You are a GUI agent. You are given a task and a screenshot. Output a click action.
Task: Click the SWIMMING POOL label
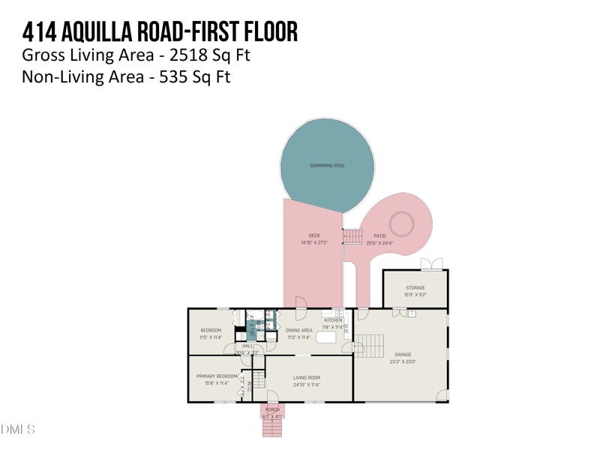point(328,165)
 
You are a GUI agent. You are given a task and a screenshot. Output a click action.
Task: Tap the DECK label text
point(314,235)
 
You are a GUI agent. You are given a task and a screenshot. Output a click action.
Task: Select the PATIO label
point(379,235)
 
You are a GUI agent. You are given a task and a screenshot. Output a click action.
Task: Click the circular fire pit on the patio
point(402,223)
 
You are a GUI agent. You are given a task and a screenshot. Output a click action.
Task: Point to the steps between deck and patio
point(352,236)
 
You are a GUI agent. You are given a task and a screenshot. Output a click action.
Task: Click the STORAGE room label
point(415,288)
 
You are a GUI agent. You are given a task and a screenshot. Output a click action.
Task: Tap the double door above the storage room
point(431,263)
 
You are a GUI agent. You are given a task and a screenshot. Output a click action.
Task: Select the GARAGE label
point(403,355)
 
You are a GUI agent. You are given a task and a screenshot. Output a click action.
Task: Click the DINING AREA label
point(298,330)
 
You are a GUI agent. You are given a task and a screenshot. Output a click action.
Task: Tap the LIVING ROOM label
point(307,378)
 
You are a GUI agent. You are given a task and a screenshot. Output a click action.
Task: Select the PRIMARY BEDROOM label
point(217,376)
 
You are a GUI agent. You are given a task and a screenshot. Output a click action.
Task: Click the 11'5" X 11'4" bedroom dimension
point(211,337)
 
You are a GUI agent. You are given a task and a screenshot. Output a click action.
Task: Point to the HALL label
point(247,346)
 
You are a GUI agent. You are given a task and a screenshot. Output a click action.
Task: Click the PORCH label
point(272,410)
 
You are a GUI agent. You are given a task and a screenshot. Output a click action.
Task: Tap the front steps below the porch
point(271,427)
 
